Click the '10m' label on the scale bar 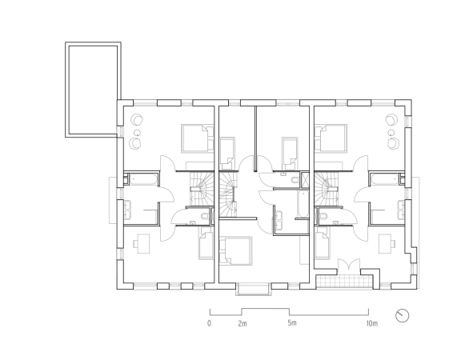point(371,324)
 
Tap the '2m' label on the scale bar point(243,324)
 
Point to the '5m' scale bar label point(292,323)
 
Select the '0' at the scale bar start point(209,323)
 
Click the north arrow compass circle point(402,316)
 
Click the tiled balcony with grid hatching point(343,282)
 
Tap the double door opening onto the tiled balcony point(349,265)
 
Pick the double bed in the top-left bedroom point(198,138)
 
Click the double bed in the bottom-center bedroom point(235,251)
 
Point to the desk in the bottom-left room point(142,244)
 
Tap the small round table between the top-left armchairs point(137,132)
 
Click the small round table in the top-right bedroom point(391,132)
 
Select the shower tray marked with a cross point(305,180)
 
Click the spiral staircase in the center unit point(227,194)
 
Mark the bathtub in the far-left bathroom point(142,179)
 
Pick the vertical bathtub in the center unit point(303,203)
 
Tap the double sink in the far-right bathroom point(401,210)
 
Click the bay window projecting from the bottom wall point(252,289)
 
